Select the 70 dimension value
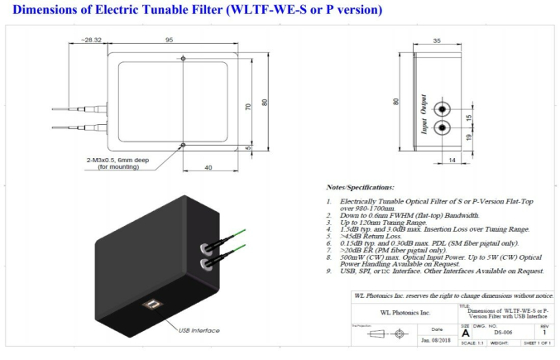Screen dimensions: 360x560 [247, 107]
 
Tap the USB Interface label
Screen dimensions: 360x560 [200, 331]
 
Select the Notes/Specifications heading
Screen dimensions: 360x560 [361, 188]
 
